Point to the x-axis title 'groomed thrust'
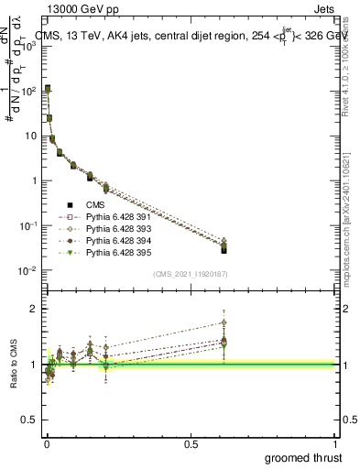(x=302, y=457)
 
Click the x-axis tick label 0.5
(x=190, y=443)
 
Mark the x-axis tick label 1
(x=334, y=443)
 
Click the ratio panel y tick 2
(x=35, y=309)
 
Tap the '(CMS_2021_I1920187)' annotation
(x=191, y=274)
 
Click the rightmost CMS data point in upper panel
(x=224, y=249)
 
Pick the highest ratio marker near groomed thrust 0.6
(x=224, y=322)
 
